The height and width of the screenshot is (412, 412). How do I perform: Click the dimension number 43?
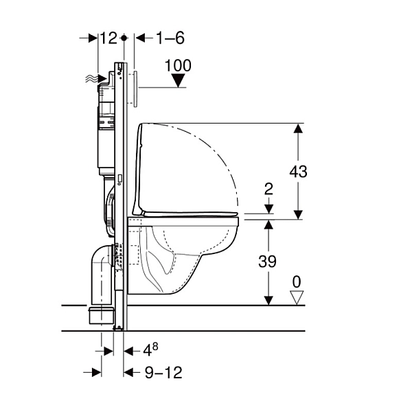298,172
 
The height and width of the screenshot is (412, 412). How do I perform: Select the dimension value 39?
267,261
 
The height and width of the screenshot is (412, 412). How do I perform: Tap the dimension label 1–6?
170,38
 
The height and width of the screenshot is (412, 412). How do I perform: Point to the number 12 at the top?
108,38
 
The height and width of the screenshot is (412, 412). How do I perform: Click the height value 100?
178,65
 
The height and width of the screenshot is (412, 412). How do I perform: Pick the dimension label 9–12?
163,372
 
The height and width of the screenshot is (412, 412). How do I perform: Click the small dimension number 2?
268,189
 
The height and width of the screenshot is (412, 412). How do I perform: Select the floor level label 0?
297,282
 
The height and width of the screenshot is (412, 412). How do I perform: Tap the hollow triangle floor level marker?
297,297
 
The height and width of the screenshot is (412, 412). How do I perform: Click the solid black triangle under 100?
178,80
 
